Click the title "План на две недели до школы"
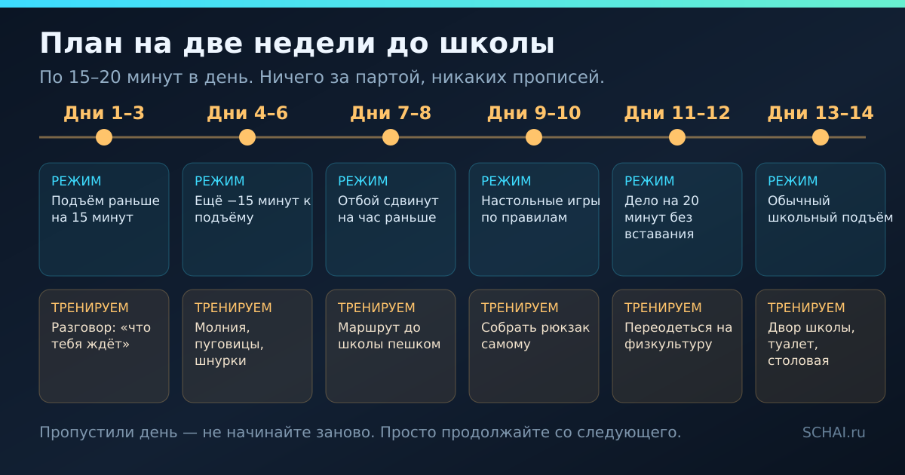tap(297, 44)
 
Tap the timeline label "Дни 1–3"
tap(104, 113)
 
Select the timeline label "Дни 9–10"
tap(534, 113)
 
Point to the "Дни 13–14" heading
tap(821, 113)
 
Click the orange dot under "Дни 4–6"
tap(247, 137)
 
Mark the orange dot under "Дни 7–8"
tap(391, 137)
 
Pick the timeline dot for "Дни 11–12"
tap(677, 137)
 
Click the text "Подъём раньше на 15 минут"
tap(106, 209)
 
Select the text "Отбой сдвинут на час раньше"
tap(388, 209)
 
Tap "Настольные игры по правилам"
tap(541, 209)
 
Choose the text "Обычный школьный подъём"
tap(830, 209)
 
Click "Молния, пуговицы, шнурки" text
tap(229, 344)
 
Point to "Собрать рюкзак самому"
tap(535, 336)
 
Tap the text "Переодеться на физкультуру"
tap(678, 336)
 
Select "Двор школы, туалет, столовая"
tap(811, 344)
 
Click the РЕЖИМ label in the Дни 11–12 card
tap(649, 181)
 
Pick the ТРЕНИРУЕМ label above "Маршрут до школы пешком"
tap(376, 308)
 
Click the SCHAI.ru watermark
tap(833, 432)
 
